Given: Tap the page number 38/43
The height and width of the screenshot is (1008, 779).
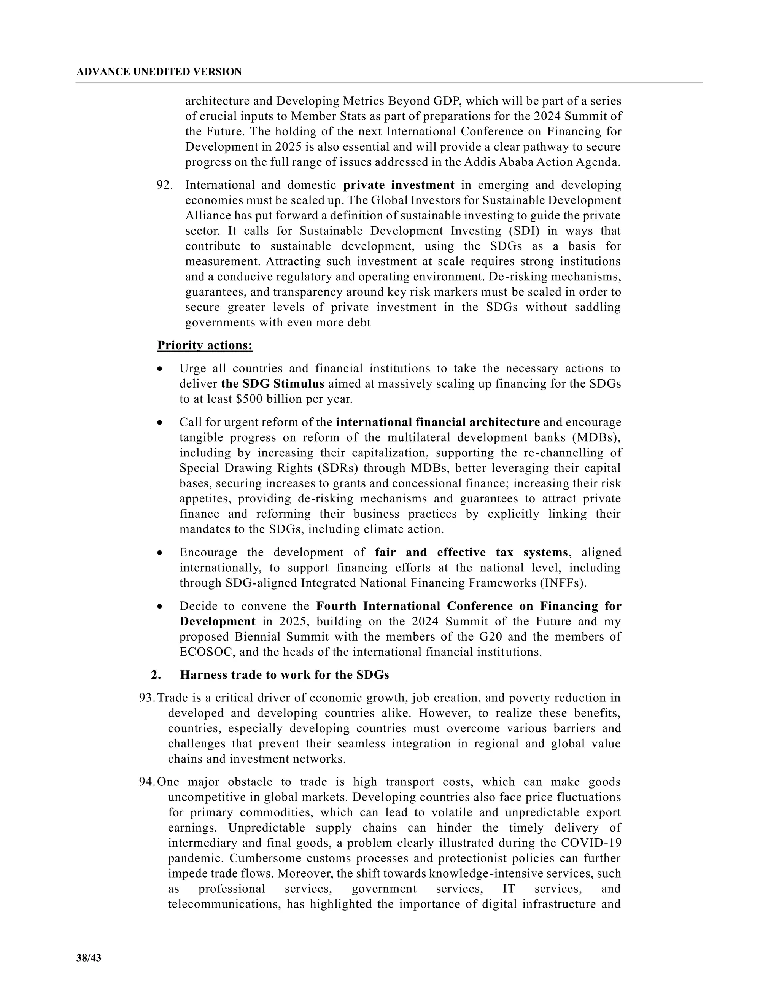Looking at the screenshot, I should coord(89,958).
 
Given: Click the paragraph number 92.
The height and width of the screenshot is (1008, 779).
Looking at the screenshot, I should coord(165,185).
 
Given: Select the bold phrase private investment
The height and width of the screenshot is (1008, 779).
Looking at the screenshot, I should coord(399,185).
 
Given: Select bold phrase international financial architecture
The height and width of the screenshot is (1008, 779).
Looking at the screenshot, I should coord(437,422).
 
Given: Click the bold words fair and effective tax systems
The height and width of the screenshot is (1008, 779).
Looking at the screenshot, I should coord(471,552).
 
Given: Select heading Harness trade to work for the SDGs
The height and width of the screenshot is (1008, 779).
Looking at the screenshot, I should coord(284,675).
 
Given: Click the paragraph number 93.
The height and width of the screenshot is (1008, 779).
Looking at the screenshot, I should coord(147,698).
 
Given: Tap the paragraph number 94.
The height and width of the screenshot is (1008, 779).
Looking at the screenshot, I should coord(147,782).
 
